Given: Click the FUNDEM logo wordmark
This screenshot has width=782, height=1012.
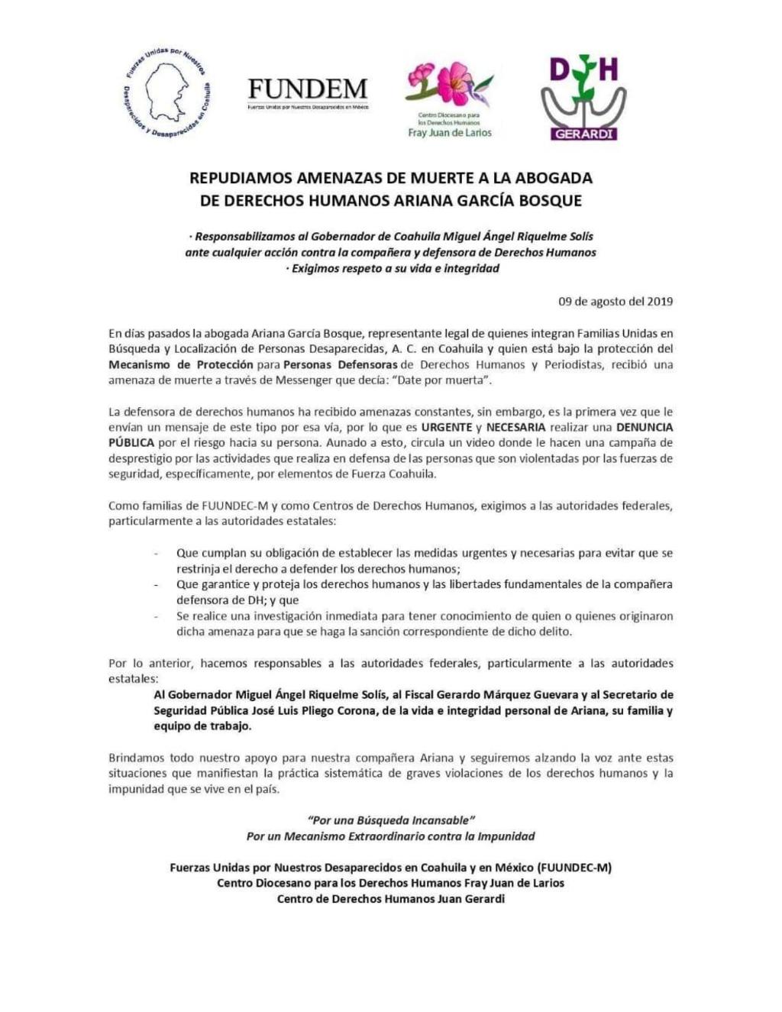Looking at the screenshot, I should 308,89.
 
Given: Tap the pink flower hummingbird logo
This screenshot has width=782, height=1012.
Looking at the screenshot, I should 449,84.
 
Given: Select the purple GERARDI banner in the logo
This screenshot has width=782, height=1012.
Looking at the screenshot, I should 583,133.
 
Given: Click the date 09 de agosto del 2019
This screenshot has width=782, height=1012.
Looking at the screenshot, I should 616,301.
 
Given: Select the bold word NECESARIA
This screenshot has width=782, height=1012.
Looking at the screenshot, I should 515,427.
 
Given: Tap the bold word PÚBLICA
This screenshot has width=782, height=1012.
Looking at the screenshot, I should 131,443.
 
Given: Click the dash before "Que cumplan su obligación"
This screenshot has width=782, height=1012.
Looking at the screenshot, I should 157,553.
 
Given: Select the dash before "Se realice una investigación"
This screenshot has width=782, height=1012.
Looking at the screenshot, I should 157,616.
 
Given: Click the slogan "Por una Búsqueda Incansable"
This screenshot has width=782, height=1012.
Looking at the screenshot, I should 390,820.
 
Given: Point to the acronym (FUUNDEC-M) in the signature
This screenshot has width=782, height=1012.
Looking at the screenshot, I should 574,868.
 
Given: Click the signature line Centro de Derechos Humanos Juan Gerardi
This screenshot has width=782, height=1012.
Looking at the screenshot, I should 390,899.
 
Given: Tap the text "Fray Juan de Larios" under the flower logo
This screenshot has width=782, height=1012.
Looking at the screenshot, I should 450,133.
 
